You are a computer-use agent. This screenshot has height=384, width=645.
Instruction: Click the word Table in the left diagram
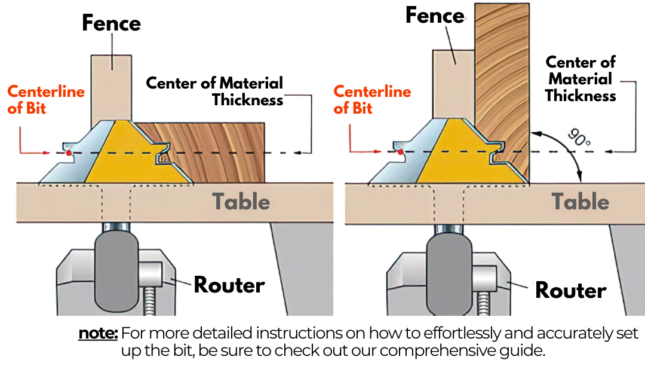(x=241, y=202)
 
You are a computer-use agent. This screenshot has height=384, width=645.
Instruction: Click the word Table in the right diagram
(x=580, y=202)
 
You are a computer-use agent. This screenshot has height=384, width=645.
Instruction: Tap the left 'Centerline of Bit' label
(x=45, y=100)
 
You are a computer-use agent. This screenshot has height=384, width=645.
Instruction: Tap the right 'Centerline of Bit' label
(x=372, y=100)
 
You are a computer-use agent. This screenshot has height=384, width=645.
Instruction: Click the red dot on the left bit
(x=69, y=153)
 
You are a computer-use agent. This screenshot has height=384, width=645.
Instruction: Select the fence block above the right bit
(x=453, y=84)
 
